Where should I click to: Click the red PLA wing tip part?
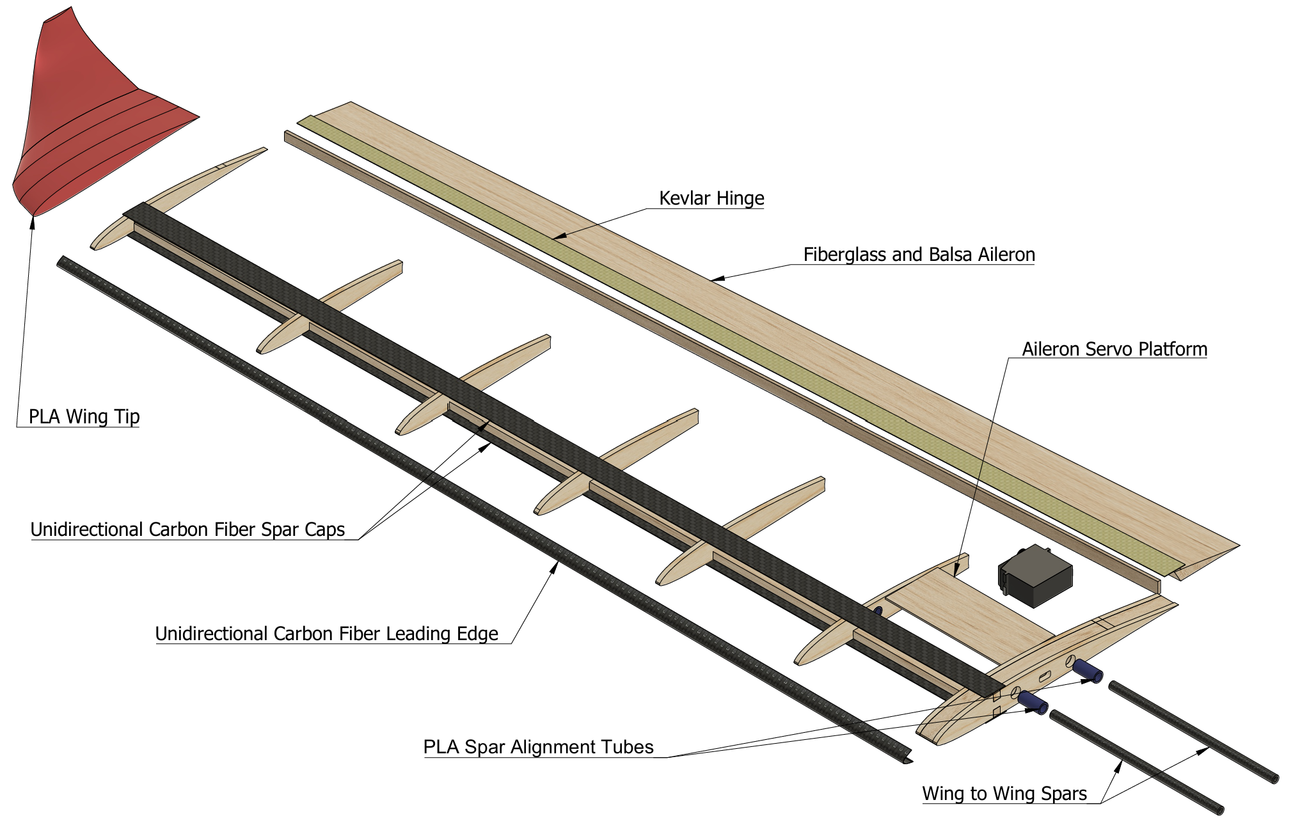(90, 122)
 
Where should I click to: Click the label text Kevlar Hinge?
(711, 198)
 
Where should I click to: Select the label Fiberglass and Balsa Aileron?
(919, 255)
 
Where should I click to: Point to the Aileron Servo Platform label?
(1114, 349)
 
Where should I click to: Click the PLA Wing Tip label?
(84, 417)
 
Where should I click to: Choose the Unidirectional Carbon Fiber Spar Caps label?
(187, 529)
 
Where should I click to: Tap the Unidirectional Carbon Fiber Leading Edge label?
(326, 634)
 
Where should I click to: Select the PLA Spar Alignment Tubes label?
(538, 747)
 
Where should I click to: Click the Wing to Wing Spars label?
(1004, 794)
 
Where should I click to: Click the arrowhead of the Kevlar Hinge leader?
(558, 237)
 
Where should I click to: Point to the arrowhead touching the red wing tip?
(33, 221)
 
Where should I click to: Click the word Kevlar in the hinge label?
(685, 198)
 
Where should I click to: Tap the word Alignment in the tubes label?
(552, 747)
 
